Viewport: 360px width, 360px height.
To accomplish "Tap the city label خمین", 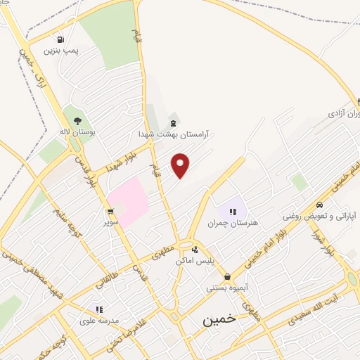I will click(x=215, y=319).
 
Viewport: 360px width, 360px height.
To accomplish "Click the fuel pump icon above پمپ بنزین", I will click(x=61, y=40).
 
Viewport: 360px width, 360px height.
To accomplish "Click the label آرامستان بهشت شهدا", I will click(x=174, y=133).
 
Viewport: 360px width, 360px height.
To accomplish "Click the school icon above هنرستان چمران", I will click(x=233, y=211).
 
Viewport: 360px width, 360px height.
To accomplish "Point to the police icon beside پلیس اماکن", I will click(x=195, y=250).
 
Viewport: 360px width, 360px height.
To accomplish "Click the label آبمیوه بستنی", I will click(x=226, y=288).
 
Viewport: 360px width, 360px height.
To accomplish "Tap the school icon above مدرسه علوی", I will click(x=99, y=308).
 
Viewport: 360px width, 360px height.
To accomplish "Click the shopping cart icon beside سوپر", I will click(x=110, y=211).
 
